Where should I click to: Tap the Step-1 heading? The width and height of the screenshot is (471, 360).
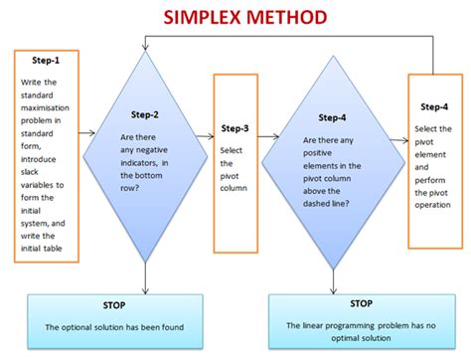pyautogui.click(x=43, y=61)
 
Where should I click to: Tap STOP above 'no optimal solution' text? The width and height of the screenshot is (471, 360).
pyautogui.click(x=361, y=302)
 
